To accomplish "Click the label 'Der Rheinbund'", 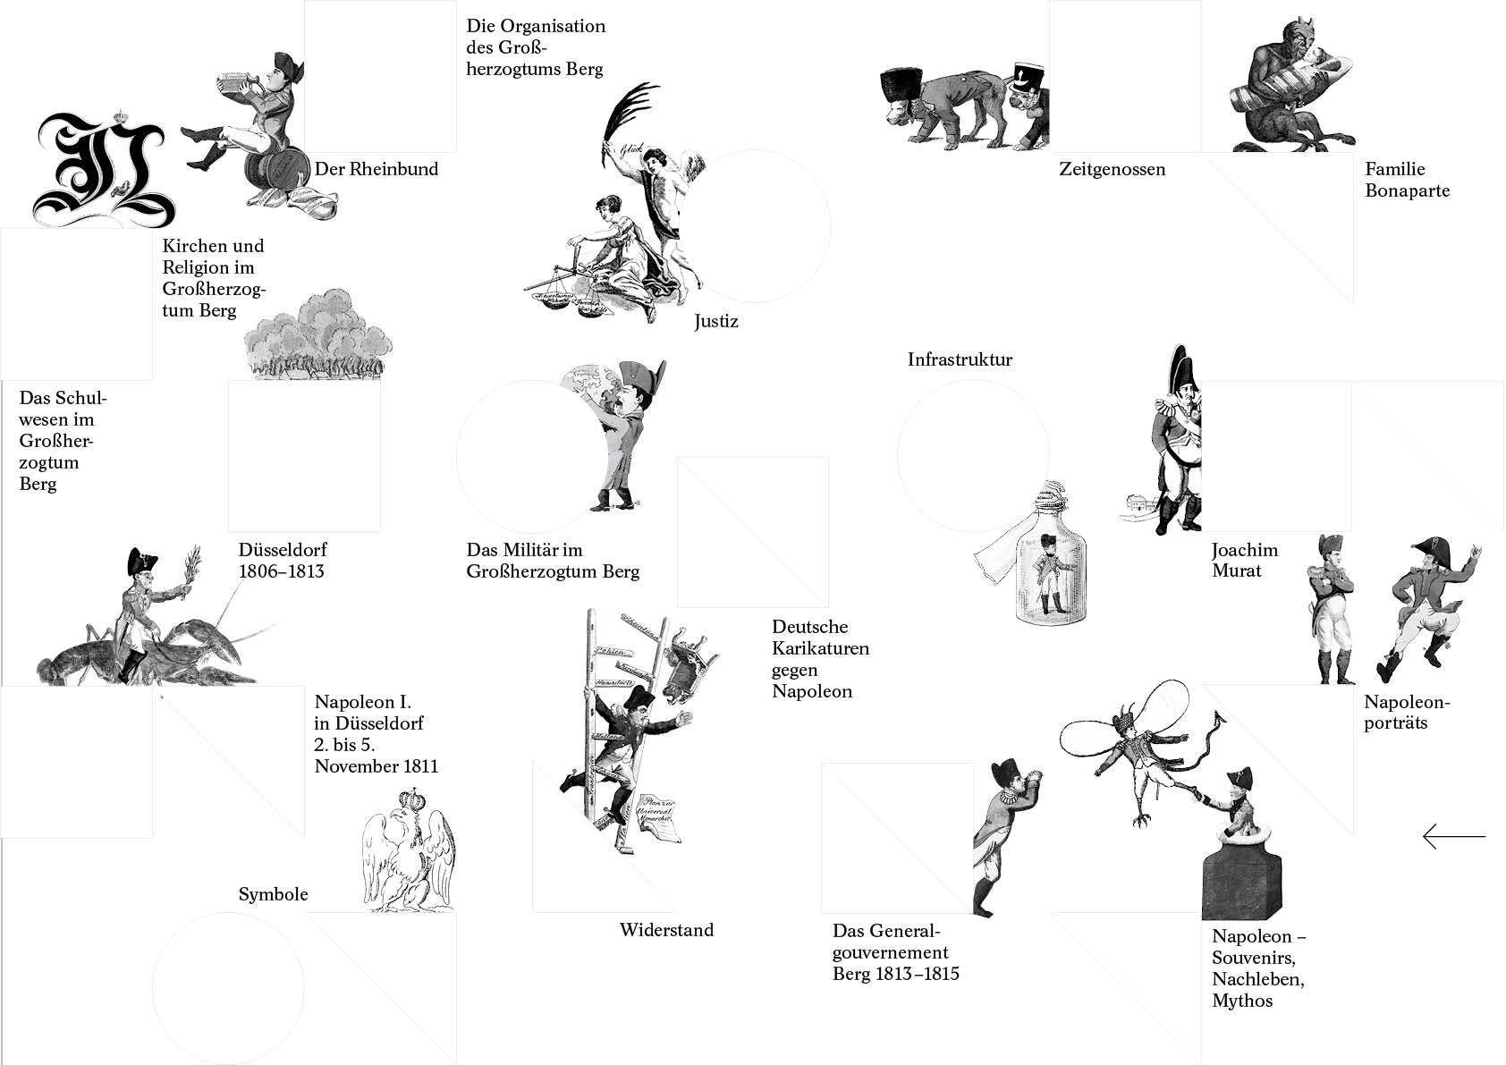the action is (376, 169).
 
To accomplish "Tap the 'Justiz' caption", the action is (716, 321).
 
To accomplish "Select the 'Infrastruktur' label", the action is (960, 359).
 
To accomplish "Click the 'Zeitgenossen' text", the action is (1112, 169).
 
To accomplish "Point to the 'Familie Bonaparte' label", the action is (1407, 180).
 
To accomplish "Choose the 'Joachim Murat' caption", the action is (1245, 560).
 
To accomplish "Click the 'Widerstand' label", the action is (666, 930).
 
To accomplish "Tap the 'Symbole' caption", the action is (273, 894).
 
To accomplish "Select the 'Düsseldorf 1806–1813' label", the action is (283, 560).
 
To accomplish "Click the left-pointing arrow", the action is (1454, 836).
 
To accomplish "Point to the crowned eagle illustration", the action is (408, 850).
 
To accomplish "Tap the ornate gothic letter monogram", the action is (103, 169).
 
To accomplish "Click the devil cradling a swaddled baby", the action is (1288, 84).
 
